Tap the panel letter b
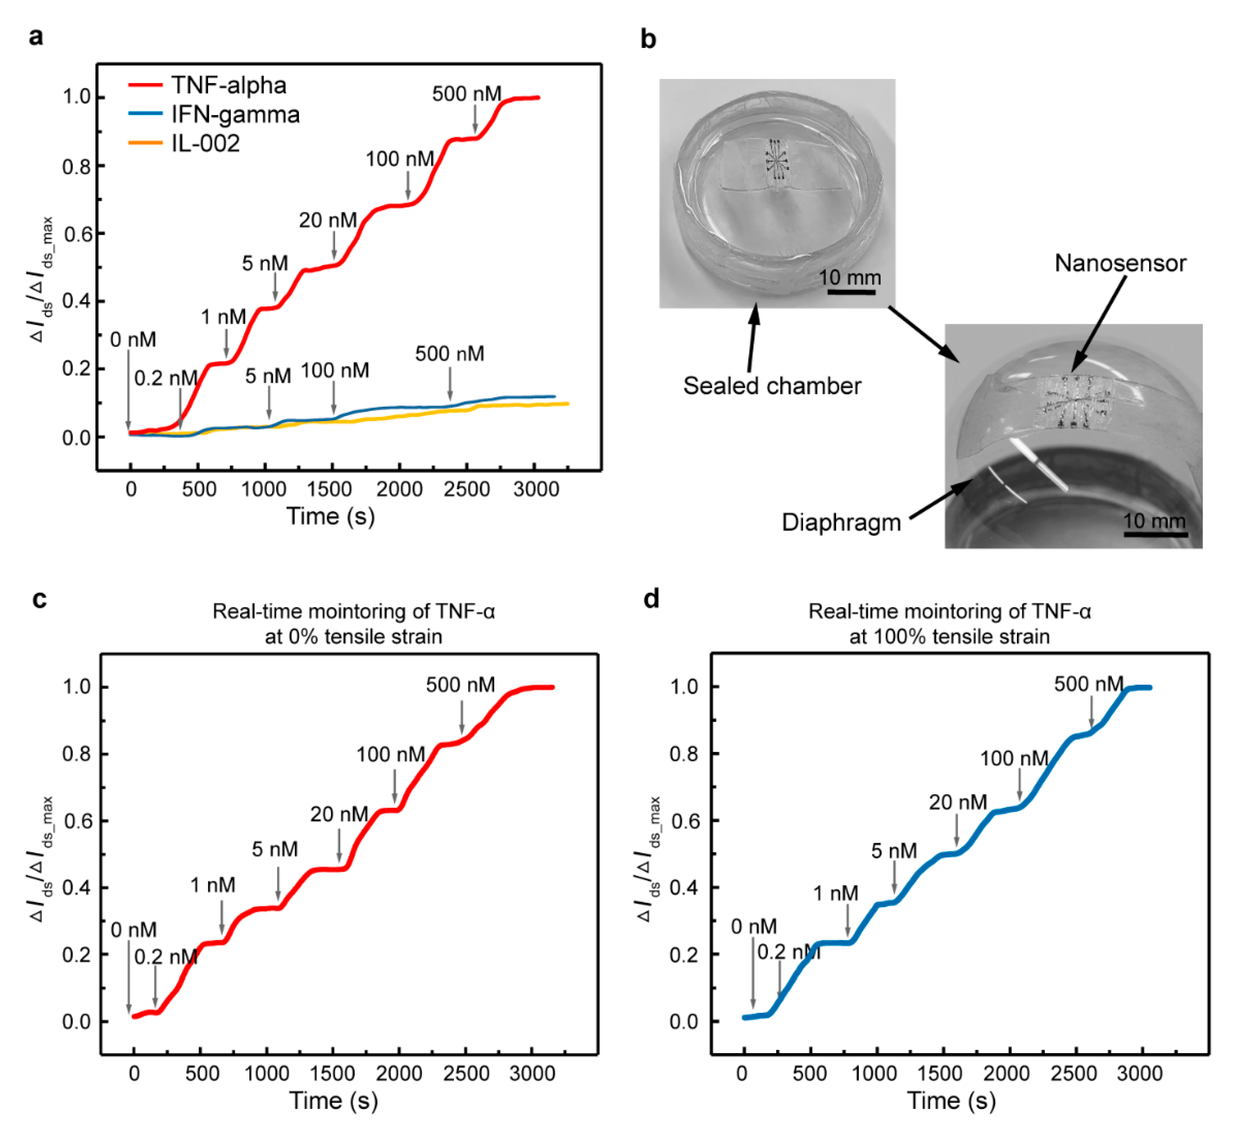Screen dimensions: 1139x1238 (648, 40)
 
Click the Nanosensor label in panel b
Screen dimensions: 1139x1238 (1120, 263)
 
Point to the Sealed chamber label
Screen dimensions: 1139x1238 (771, 386)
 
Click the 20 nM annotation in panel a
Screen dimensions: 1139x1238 (328, 220)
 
